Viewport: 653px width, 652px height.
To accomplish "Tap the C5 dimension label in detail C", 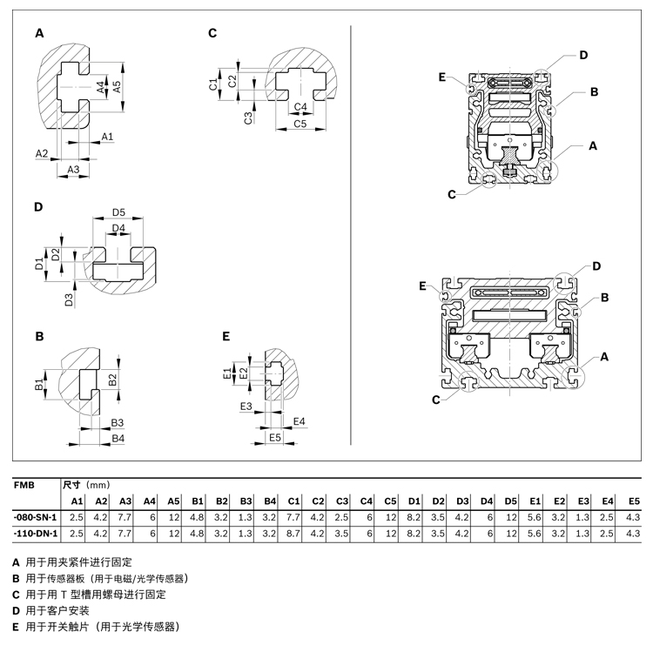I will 300,124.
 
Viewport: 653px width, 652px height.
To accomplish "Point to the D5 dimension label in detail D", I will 119,213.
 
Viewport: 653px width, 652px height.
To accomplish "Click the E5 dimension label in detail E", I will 275,437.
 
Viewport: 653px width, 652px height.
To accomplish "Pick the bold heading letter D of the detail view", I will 38,207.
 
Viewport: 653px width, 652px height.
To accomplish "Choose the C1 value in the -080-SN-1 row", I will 293,517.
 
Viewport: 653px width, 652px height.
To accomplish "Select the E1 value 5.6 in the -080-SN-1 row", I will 535,517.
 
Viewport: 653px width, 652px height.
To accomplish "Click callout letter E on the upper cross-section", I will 443,78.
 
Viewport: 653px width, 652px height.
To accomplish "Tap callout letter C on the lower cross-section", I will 435,400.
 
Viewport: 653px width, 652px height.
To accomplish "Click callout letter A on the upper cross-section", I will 593,146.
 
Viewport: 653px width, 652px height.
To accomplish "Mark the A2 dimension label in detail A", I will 42,153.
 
